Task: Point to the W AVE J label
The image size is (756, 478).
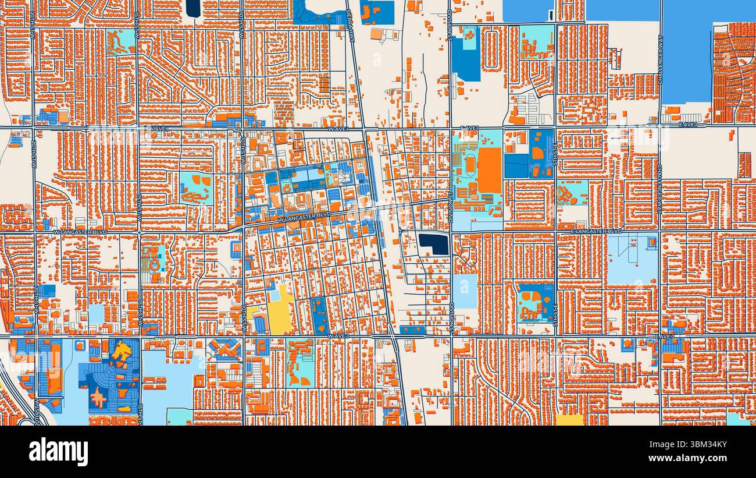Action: click(x=337, y=336)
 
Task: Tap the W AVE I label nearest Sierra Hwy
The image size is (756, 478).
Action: click(x=337, y=128)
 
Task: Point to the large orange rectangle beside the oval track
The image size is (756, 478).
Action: click(x=489, y=170)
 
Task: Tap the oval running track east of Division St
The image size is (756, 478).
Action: click(x=470, y=165)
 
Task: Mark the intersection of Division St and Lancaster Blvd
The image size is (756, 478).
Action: click(x=451, y=232)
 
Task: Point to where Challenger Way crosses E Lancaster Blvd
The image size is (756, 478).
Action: click(x=659, y=232)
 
